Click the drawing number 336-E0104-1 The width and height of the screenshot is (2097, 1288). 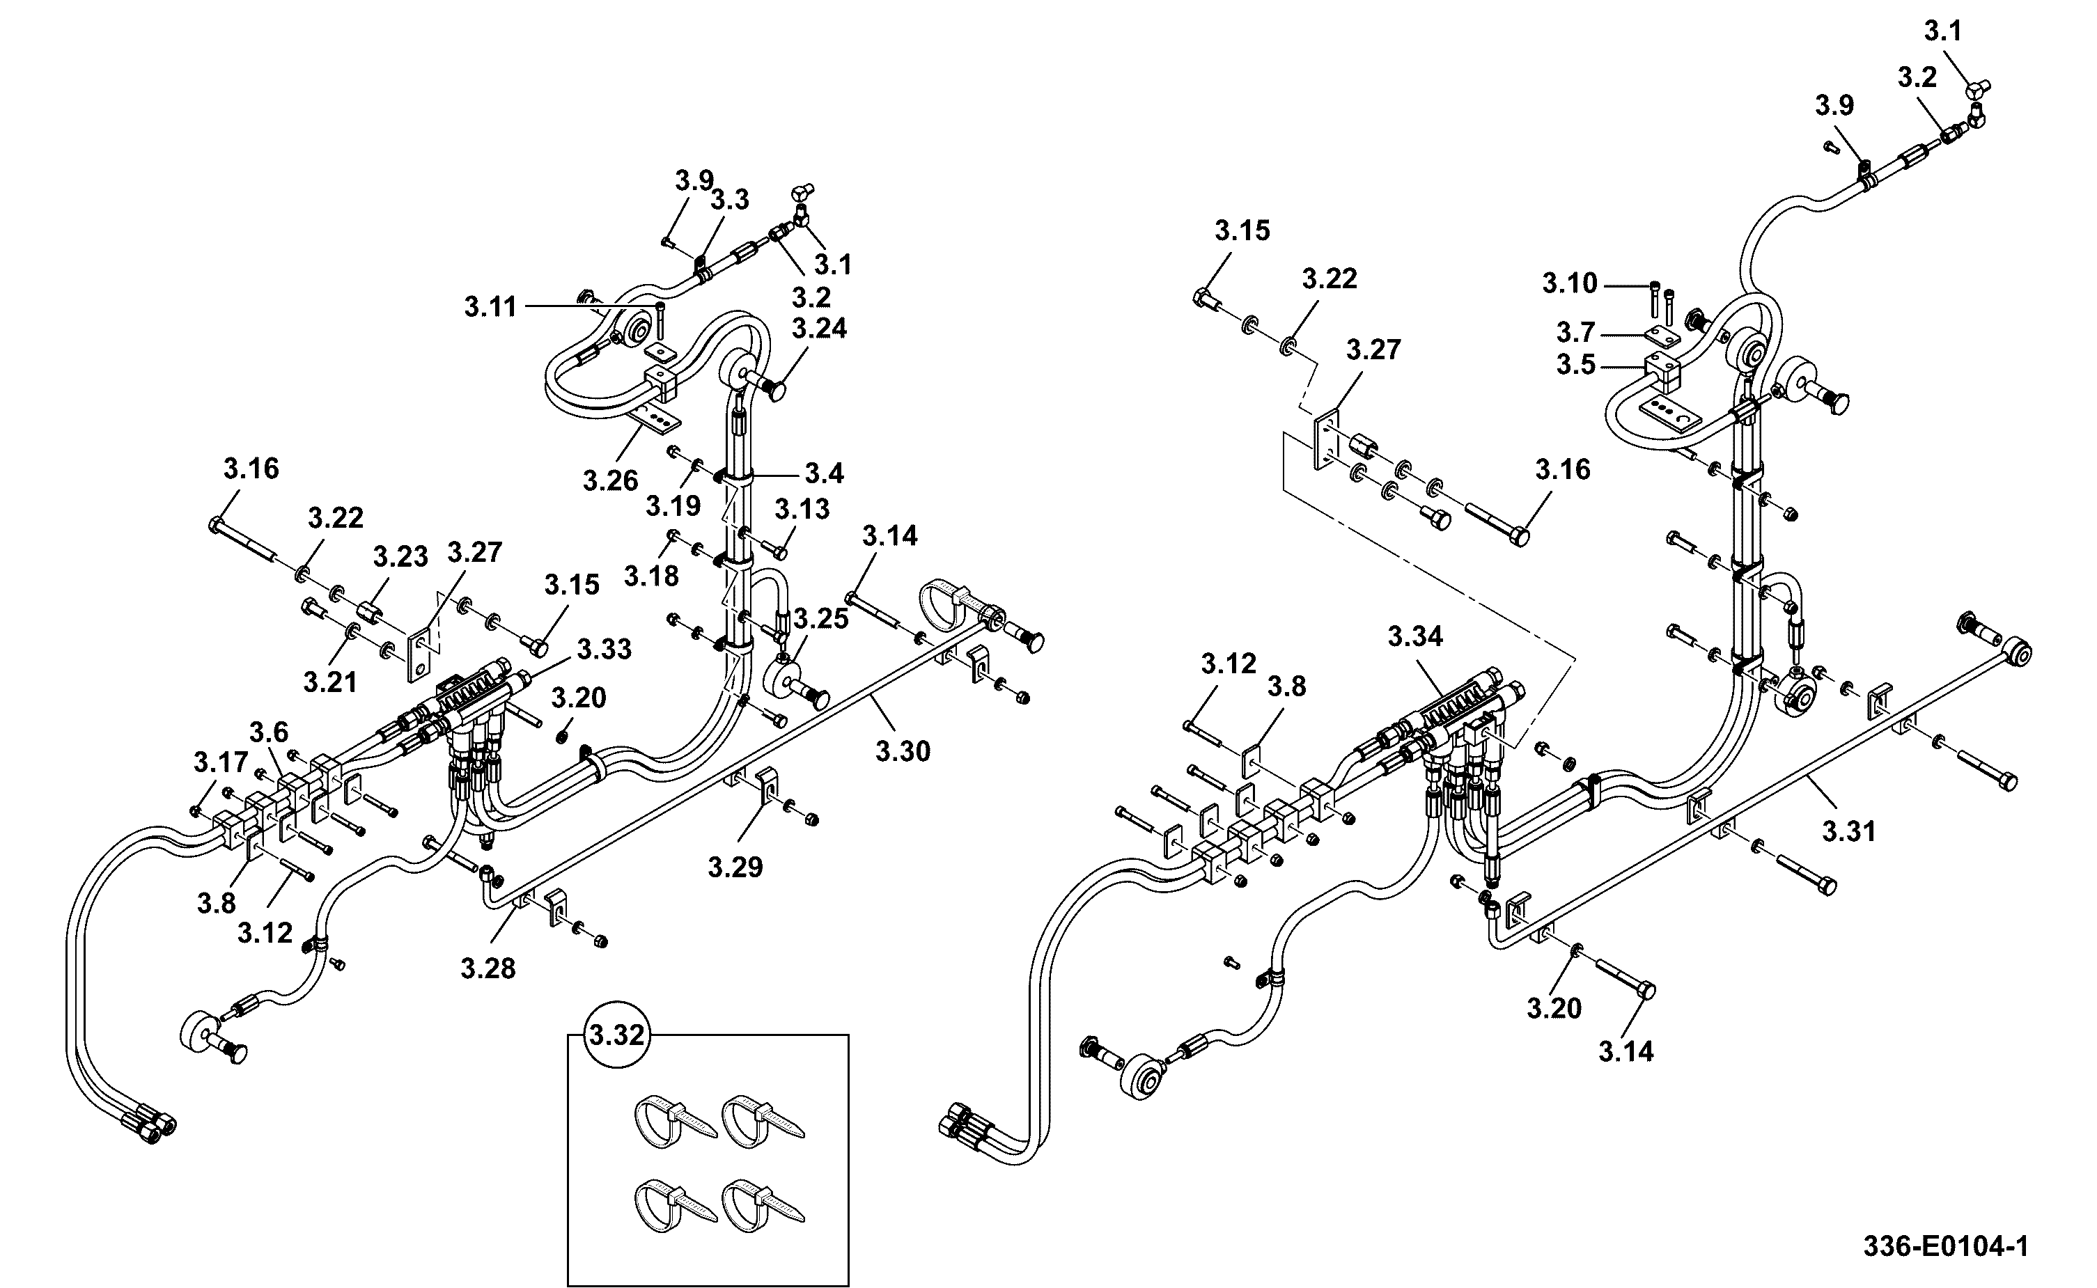(x=1945, y=1247)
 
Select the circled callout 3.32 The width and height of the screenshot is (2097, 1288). (x=617, y=1035)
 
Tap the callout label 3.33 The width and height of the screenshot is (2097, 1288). (x=604, y=649)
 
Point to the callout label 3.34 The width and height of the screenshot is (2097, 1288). (x=1415, y=636)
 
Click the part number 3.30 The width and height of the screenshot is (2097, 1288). (x=903, y=751)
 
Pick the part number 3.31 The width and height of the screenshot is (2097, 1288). (x=1850, y=831)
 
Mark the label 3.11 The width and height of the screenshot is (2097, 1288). (x=491, y=306)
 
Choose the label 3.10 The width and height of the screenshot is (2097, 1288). (x=1570, y=283)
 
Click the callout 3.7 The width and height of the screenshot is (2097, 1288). (x=1575, y=332)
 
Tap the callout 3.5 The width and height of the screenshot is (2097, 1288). (x=1575, y=365)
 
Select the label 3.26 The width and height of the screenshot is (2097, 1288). (x=611, y=480)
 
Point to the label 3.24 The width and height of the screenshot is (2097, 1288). (x=820, y=328)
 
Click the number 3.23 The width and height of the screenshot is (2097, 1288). (x=400, y=557)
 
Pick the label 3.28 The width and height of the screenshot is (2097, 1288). (x=488, y=968)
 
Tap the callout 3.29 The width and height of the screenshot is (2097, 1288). (x=735, y=867)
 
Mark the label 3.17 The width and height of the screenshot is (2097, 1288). (x=221, y=762)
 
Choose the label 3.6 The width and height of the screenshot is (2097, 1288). (x=270, y=732)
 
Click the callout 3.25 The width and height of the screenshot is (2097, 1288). (x=821, y=620)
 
